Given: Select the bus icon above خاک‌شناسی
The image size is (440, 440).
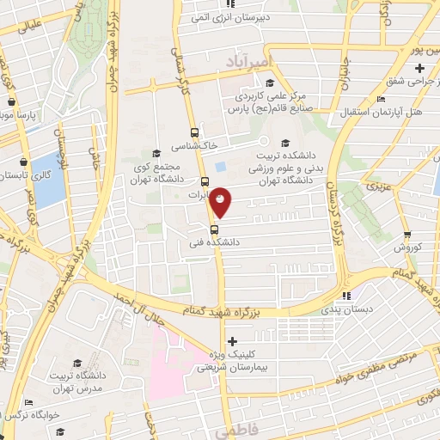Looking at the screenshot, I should pyautogui.click(x=195, y=133).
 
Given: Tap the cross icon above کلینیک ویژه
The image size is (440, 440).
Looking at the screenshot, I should pyautogui.click(x=231, y=342).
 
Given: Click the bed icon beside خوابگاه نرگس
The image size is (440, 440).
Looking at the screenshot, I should pyautogui.click(x=28, y=402).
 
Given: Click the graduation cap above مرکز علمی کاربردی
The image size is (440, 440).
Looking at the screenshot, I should pyautogui.click(x=270, y=82).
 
